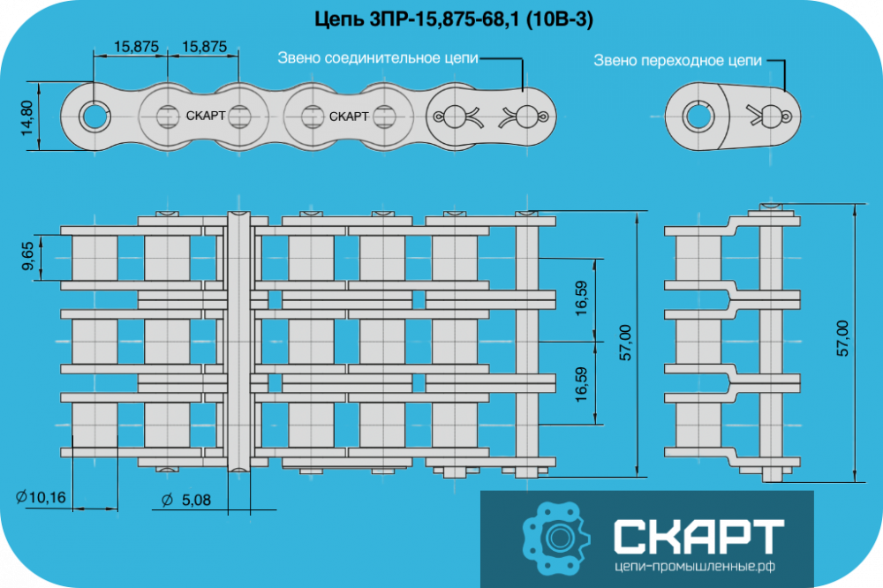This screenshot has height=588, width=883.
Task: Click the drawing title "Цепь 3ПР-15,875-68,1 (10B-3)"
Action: tap(453, 19)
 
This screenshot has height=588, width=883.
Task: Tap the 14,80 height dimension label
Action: tap(27, 117)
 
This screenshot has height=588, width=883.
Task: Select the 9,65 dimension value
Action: tap(27, 256)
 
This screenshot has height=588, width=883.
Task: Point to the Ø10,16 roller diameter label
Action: tap(42, 497)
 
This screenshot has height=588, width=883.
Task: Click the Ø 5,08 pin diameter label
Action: tap(185, 500)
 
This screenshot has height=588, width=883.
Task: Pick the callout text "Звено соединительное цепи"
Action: tap(378, 58)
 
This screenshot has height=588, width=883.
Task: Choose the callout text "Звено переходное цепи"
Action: tap(677, 60)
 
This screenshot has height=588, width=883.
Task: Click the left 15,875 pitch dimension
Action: tap(136, 46)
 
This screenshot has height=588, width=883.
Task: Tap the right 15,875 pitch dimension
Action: tap(205, 46)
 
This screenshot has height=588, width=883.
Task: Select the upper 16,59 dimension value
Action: tap(581, 298)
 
